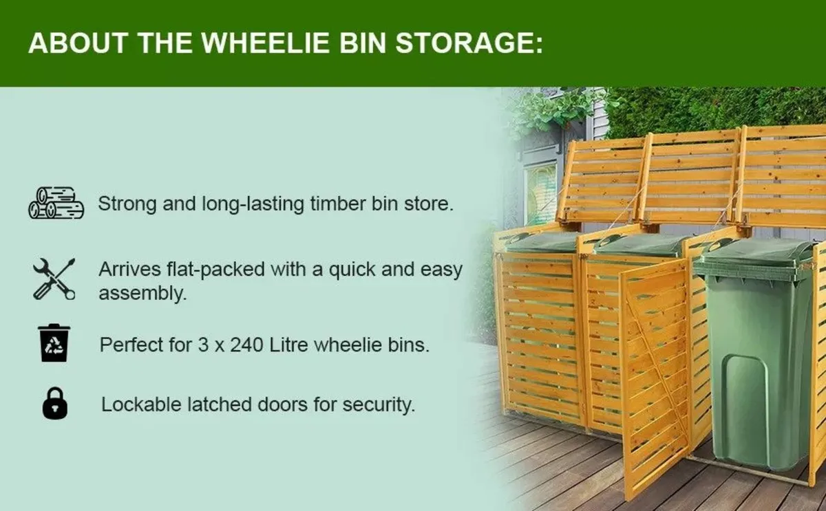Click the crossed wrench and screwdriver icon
click(x=54, y=279)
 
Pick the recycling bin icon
click(x=54, y=343)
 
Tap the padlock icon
click(x=55, y=403)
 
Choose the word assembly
click(x=142, y=294)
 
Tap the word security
click(x=382, y=404)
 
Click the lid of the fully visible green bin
click(x=754, y=252)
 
